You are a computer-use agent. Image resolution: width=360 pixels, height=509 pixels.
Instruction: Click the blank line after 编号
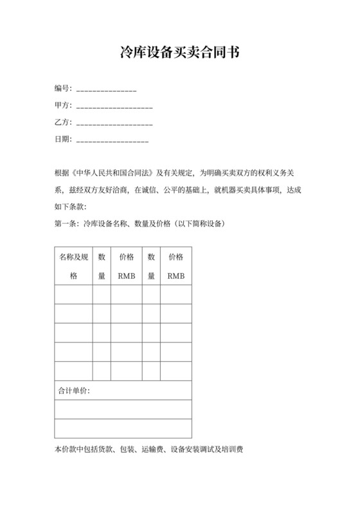(106, 89)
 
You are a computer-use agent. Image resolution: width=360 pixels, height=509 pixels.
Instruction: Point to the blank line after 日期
(113, 139)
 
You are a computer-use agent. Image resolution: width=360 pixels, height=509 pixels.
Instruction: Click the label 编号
(62, 88)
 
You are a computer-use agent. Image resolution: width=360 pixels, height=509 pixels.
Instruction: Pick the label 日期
(62, 138)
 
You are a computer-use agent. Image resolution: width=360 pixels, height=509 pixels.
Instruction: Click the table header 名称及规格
(73, 266)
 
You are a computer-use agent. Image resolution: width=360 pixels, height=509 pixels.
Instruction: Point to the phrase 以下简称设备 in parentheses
(199, 223)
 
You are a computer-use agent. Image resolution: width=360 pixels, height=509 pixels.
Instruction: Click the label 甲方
(62, 105)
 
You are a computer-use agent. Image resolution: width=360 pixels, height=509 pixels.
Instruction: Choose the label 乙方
(62, 121)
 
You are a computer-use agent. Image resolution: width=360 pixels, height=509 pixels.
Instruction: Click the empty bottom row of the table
(123, 429)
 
